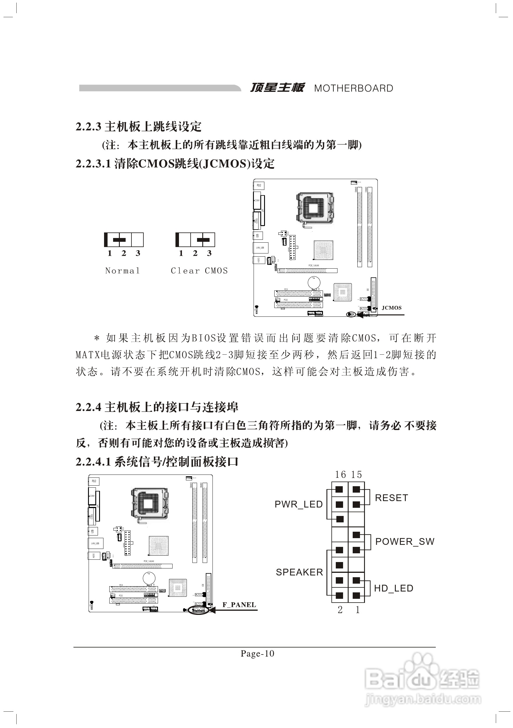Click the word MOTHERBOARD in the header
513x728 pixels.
pos(353,88)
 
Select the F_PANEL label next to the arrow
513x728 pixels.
pos(239,605)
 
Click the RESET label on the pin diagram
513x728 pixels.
pos(391,498)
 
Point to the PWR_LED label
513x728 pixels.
pos(298,504)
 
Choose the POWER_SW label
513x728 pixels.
pos(405,542)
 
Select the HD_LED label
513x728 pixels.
pos(393,588)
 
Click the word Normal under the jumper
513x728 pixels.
pos(122,270)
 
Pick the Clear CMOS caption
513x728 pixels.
pos(199,270)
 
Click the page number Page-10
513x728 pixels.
pos(257,654)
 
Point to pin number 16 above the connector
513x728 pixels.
pos(340,474)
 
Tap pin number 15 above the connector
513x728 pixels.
pos(356,474)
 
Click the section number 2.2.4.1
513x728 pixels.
pos(93,462)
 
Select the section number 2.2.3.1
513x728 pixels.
pos(93,164)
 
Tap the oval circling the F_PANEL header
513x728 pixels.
pos(198,609)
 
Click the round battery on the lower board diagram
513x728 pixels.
pos(149,578)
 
